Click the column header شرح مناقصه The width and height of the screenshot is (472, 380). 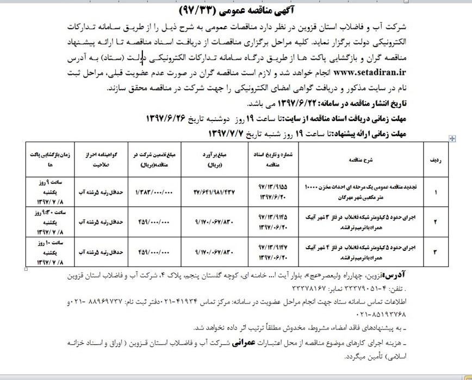[x=355, y=161]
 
